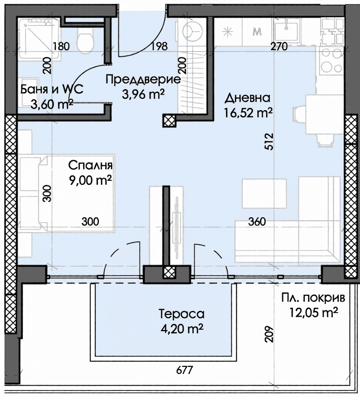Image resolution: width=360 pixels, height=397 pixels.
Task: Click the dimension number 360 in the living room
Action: (256, 221)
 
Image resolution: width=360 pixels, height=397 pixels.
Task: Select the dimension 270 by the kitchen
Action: (279, 47)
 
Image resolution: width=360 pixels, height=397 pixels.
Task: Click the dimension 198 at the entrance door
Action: (159, 47)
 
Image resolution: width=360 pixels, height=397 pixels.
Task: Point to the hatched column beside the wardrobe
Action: (169, 121)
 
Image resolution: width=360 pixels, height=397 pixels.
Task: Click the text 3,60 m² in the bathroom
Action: (51, 103)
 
